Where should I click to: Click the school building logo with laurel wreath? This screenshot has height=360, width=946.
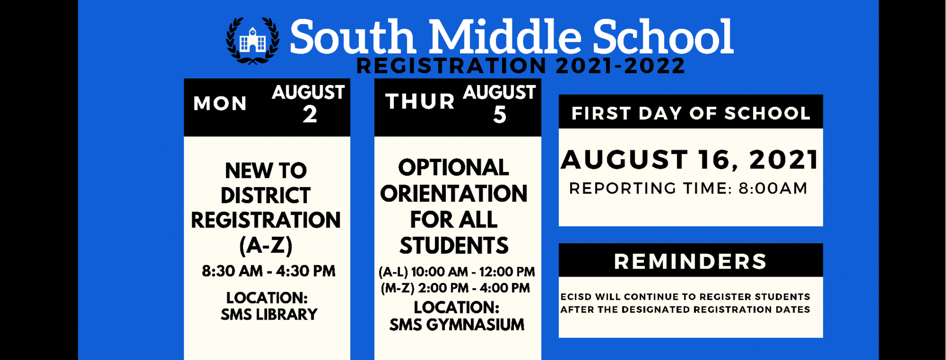(x=253, y=40)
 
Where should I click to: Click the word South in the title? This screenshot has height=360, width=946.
(x=352, y=37)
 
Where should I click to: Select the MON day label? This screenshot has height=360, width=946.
(x=220, y=104)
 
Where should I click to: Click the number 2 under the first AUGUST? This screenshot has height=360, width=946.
(x=310, y=115)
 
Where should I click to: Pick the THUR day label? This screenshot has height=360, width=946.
(x=420, y=101)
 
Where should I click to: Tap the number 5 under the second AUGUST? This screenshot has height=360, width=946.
(x=500, y=115)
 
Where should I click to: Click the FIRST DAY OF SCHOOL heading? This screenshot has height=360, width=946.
(x=691, y=113)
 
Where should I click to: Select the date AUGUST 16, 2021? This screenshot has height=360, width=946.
(x=690, y=160)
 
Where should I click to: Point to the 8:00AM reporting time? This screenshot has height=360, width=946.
(x=773, y=188)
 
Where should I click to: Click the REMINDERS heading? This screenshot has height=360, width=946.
(x=690, y=261)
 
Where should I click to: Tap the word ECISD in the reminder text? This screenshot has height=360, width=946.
(x=574, y=297)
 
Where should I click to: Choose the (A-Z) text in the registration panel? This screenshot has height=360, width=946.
(x=266, y=245)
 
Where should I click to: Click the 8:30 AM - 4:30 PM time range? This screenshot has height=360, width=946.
(x=268, y=271)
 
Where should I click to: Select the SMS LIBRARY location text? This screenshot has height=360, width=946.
(x=269, y=314)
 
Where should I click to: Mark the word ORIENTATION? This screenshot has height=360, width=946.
(x=454, y=194)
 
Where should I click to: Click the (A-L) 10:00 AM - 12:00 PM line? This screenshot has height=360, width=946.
(x=457, y=272)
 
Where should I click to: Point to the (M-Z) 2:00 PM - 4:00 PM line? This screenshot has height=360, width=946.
(x=455, y=288)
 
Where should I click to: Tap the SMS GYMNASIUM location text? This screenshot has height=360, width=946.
(x=457, y=325)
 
